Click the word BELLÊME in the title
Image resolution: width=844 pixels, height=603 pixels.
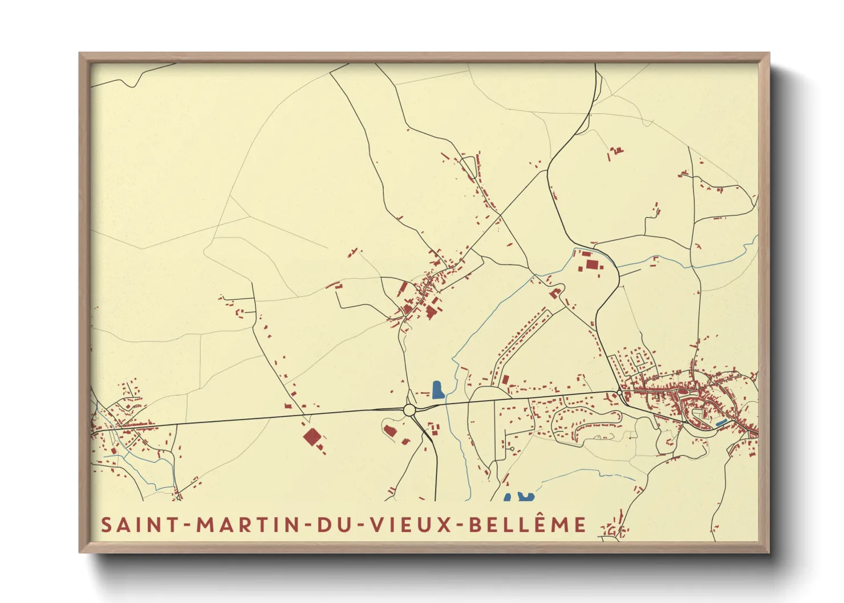click(x=527, y=524)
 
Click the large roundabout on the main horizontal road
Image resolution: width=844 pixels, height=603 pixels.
click(x=409, y=410)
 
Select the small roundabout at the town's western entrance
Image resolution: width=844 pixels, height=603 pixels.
click(x=620, y=392)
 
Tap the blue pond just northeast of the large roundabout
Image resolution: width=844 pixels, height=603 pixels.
click(x=437, y=390)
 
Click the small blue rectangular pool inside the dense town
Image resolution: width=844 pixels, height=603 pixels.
click(x=721, y=422)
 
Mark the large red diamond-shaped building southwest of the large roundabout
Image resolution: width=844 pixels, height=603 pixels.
click(x=311, y=437)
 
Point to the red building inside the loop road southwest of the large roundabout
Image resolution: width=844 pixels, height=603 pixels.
click(x=391, y=430)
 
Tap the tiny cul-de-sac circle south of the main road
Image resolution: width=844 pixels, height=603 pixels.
click(x=512, y=449)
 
